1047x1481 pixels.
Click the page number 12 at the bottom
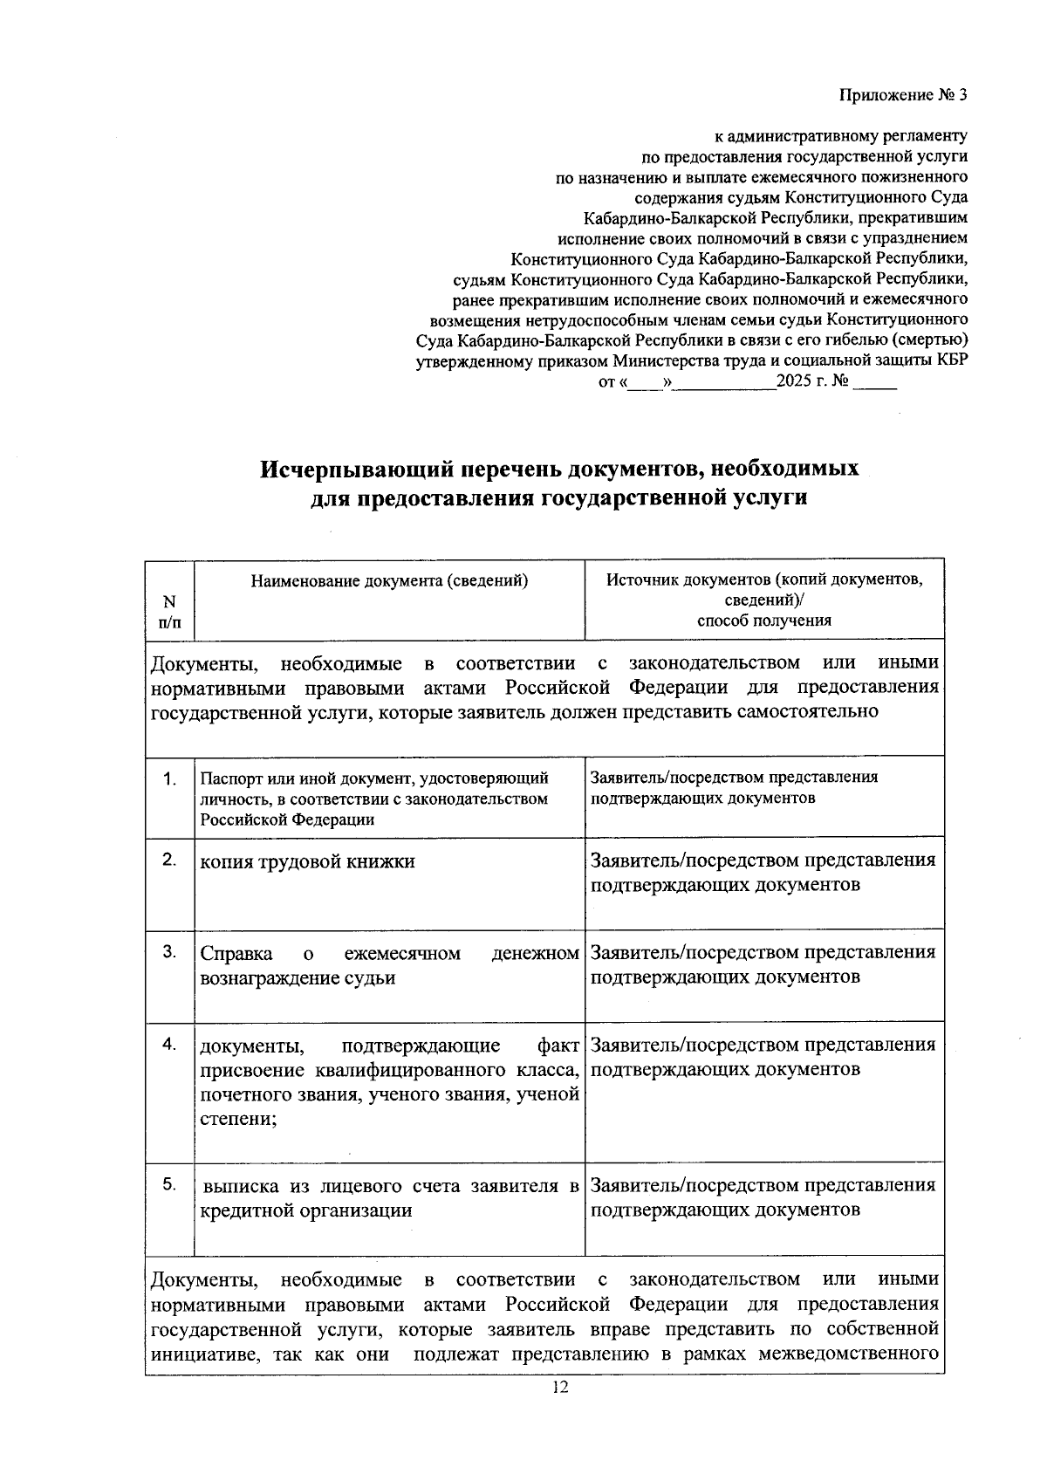coord(559,1388)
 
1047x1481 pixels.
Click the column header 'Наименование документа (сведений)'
coord(389,580)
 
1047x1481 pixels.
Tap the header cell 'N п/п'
coord(169,611)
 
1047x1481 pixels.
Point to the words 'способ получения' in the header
coord(763,621)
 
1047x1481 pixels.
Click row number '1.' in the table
coord(170,778)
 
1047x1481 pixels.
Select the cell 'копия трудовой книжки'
coord(307,861)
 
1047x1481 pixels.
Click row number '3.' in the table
coord(170,951)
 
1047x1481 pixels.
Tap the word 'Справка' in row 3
coord(236,953)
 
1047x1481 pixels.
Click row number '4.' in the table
coord(170,1044)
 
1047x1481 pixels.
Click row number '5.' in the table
coord(170,1184)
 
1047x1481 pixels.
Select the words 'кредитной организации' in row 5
coord(305,1210)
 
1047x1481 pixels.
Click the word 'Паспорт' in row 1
coord(227,778)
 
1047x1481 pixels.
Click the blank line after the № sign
coord(874,384)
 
